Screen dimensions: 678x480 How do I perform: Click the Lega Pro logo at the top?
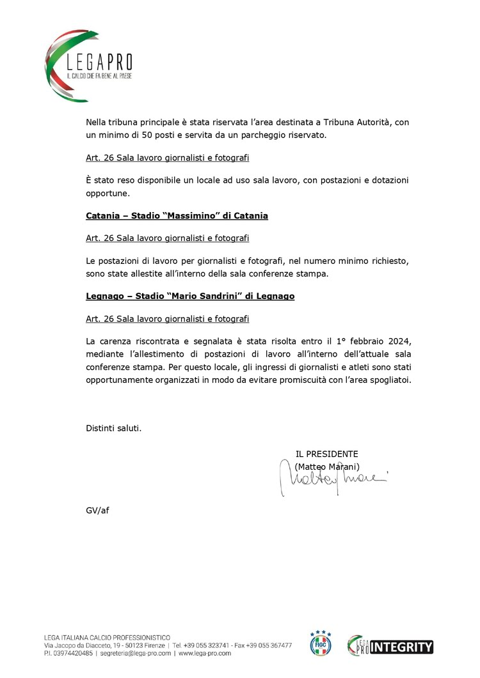tap(90, 65)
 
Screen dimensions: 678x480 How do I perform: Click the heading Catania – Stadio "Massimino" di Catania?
tap(177, 216)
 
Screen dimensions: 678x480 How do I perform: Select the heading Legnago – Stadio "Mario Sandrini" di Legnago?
tap(190, 297)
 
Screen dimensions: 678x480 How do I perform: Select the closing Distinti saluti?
tap(113, 428)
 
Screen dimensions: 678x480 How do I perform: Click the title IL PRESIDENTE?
tap(326, 454)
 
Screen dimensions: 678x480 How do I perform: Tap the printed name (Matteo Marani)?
tap(327, 466)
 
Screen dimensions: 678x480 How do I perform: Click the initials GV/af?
tap(97, 511)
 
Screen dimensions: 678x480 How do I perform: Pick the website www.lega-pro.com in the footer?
tap(205, 654)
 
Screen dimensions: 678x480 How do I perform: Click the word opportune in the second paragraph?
tap(107, 192)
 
